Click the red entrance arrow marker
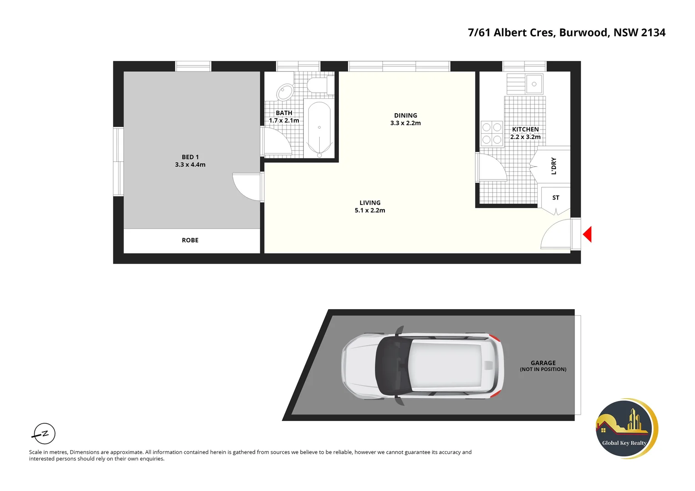[588, 235]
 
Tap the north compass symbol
[45, 434]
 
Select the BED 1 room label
[190, 161]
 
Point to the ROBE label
[190, 240]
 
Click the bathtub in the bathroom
[319, 129]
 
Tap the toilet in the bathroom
[318, 85]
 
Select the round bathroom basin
[285, 91]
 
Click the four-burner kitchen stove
[492, 134]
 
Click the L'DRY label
[554, 166]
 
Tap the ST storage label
[555, 198]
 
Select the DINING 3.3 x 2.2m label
[405, 119]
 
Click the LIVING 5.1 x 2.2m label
[370, 206]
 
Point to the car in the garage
[422, 366]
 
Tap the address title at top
[566, 33]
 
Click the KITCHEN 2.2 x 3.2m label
[525, 133]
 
